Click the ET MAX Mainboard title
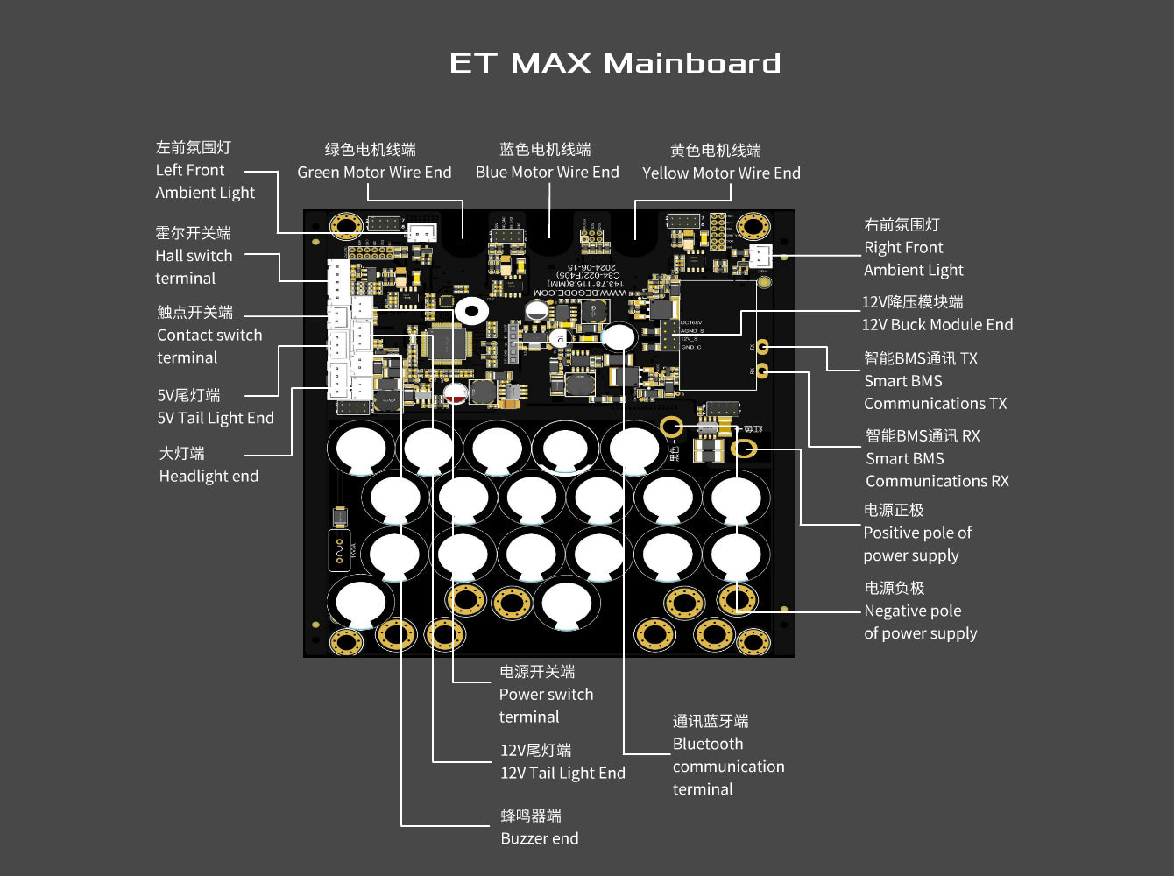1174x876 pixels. coord(614,64)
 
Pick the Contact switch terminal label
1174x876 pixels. coord(209,336)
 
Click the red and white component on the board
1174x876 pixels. coord(456,394)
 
